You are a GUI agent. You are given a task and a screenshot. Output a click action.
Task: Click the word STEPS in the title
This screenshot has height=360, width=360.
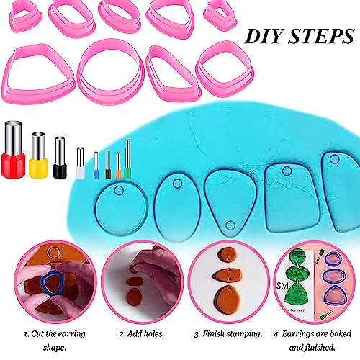click(321, 36)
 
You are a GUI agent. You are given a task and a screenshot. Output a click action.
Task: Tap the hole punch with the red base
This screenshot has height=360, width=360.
click(13, 150)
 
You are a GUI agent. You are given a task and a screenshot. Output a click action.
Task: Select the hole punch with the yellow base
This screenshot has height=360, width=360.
click(38, 156)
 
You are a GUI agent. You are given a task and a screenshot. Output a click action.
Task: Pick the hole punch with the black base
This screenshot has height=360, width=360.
click(60, 158)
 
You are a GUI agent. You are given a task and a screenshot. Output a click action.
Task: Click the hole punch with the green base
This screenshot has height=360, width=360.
click(127, 159)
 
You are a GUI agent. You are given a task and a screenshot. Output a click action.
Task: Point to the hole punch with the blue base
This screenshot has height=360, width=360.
click(96, 166)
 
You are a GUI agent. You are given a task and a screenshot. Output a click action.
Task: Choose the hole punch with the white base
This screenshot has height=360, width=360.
click(81, 163)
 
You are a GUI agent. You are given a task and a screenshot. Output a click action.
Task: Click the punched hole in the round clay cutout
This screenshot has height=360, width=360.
click(119, 190)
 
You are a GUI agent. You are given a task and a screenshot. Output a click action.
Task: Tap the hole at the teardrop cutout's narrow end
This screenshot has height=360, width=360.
click(230, 225)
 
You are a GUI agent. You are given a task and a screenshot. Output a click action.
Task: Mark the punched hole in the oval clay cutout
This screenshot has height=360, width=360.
click(177, 184)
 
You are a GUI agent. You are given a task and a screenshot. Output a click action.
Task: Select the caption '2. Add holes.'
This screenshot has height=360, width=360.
click(141, 334)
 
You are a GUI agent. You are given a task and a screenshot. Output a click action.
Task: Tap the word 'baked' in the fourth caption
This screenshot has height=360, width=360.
click(341, 334)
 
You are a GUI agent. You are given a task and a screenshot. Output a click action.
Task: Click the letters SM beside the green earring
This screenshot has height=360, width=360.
click(282, 286)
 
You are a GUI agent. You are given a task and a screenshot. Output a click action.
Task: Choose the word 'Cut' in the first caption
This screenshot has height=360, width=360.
click(38, 334)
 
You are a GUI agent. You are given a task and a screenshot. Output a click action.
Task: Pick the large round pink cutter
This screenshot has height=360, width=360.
click(111, 71)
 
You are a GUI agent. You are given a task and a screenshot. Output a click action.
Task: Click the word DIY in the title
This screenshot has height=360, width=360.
click(264, 36)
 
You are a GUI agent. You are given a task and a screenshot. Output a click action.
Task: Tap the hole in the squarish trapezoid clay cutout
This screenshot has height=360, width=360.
click(287, 171)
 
